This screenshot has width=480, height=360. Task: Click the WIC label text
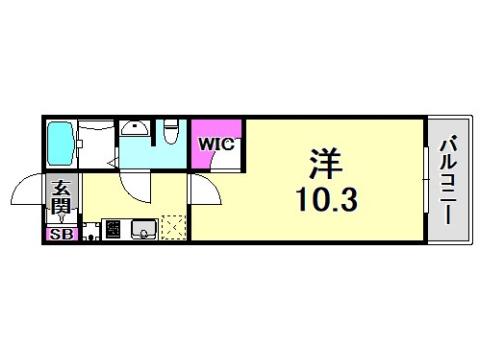[215, 144]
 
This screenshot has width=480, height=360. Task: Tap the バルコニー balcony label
[447, 177]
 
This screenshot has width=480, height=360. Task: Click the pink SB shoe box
[60, 234]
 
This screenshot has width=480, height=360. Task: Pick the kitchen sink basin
[143, 230]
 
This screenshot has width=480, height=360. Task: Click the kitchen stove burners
[112, 230]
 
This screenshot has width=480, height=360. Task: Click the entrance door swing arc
[28, 190]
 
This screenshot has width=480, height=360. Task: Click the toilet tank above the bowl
[172, 124]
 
